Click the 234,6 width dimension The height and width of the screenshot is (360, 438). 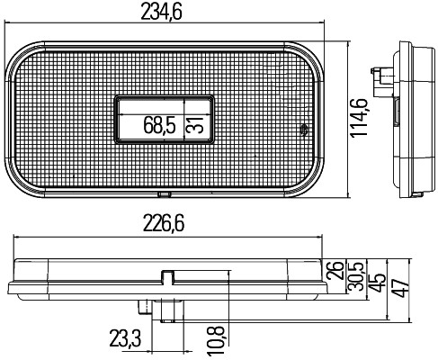click(161, 13)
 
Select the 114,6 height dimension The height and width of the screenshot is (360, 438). click(359, 118)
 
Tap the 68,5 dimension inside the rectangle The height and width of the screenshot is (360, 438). click(159, 125)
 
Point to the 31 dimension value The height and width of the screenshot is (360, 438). click(195, 125)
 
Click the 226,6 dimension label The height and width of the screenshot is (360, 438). click(164, 223)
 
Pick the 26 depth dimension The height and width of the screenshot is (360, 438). click(335, 270)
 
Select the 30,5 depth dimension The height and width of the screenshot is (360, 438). click(356, 276)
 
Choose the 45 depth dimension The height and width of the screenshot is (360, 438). click(377, 283)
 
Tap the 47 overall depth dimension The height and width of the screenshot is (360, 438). click(401, 288)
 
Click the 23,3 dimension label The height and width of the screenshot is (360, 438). click(125, 338)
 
